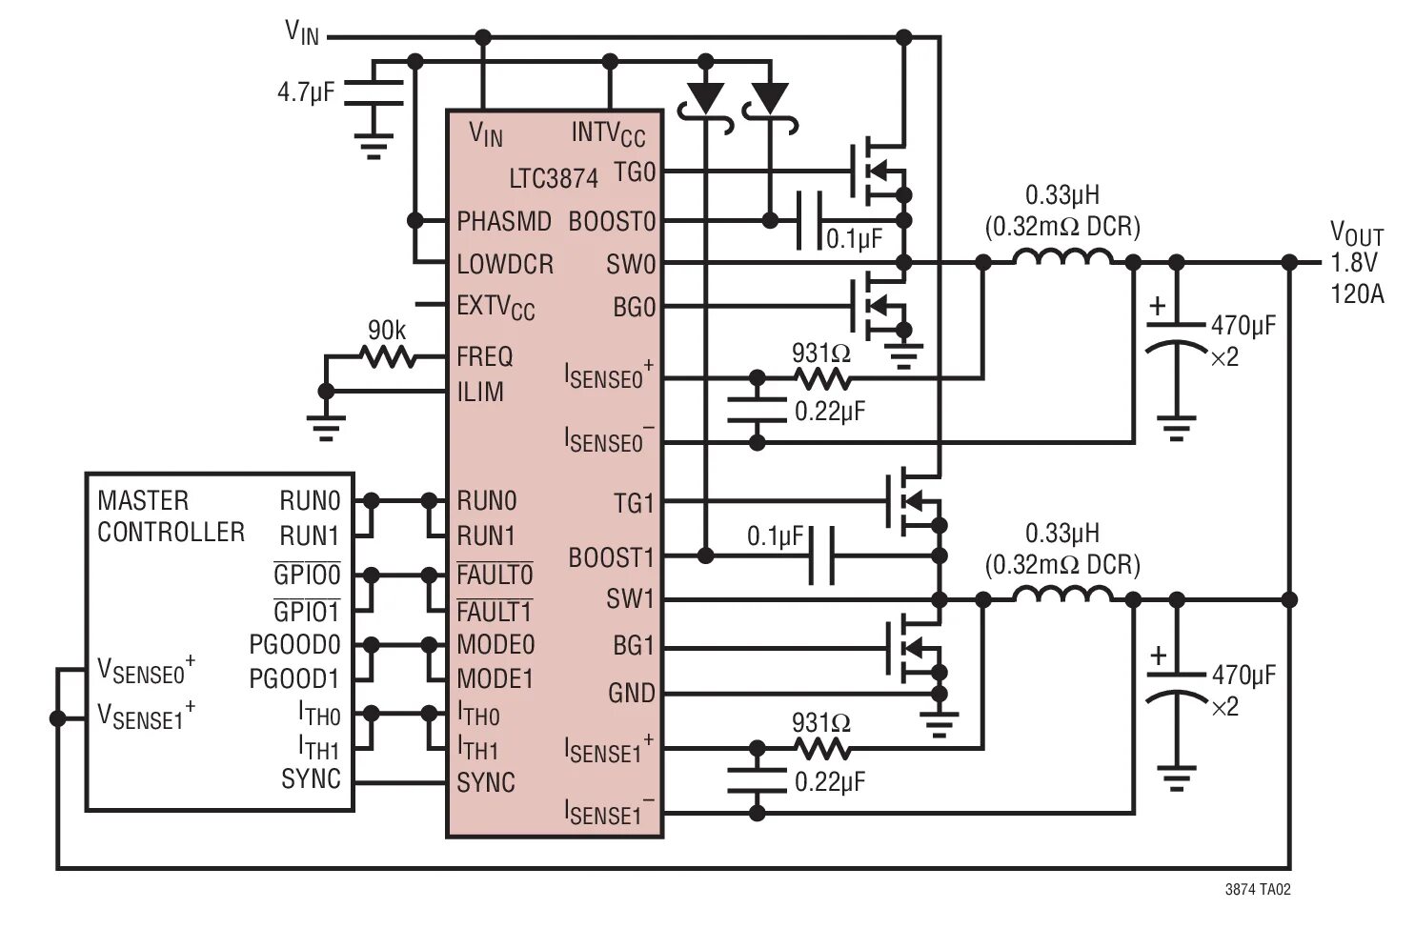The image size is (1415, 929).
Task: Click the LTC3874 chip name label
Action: point(553,178)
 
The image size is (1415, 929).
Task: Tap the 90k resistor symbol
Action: point(388,357)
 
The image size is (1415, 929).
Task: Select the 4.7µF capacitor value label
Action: point(305,92)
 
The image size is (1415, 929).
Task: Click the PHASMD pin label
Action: point(504,221)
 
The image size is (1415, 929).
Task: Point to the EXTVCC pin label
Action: point(495,307)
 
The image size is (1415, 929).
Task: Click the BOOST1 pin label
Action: point(612,557)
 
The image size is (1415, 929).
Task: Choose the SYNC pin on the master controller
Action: point(311,778)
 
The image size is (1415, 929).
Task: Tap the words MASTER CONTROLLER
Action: point(171,515)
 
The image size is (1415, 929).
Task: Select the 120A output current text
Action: point(1357,293)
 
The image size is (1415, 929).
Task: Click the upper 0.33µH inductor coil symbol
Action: point(1062,259)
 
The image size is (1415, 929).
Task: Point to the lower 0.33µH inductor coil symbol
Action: point(1062,596)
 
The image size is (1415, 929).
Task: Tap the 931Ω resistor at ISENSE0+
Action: point(822,378)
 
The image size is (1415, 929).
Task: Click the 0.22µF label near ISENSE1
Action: point(830,782)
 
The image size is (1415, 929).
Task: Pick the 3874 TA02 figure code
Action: point(1258,890)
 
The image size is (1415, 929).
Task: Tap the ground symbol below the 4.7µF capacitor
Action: point(374,144)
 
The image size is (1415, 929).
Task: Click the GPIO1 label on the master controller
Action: point(307,611)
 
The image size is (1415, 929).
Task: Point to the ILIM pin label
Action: point(480,392)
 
